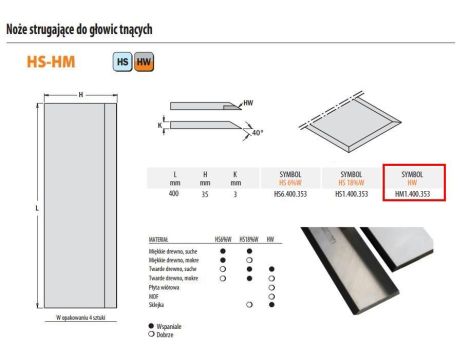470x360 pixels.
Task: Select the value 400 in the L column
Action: click(x=176, y=194)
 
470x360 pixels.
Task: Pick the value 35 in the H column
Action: click(x=205, y=194)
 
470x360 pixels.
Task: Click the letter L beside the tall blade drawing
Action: click(x=37, y=207)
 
